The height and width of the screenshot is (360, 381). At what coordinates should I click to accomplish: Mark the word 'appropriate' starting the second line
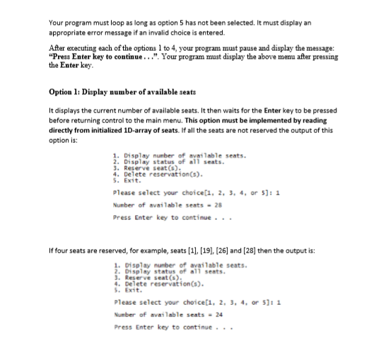(67, 33)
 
